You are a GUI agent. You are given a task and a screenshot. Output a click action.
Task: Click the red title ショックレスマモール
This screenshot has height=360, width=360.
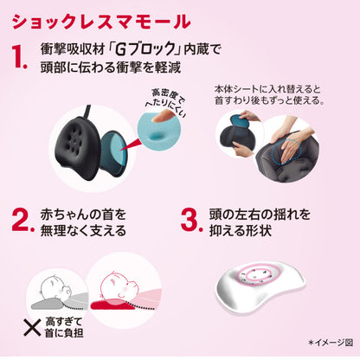tap(101, 21)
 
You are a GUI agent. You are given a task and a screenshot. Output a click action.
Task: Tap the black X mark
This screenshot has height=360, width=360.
tap(32, 328)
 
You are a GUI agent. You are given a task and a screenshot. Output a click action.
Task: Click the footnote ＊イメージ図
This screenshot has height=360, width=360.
tap(331, 343)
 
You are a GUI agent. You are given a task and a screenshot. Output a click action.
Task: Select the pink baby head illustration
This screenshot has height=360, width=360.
tap(119, 286)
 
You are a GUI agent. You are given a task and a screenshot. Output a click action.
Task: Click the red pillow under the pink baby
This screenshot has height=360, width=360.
tap(112, 304)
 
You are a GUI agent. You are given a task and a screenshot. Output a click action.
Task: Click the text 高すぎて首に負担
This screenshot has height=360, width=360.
tap(64, 327)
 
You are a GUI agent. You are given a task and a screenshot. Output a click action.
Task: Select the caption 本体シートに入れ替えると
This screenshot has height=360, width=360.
tap(267, 89)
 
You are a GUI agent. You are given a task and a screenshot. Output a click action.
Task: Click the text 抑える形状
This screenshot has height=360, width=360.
tap(241, 230)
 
